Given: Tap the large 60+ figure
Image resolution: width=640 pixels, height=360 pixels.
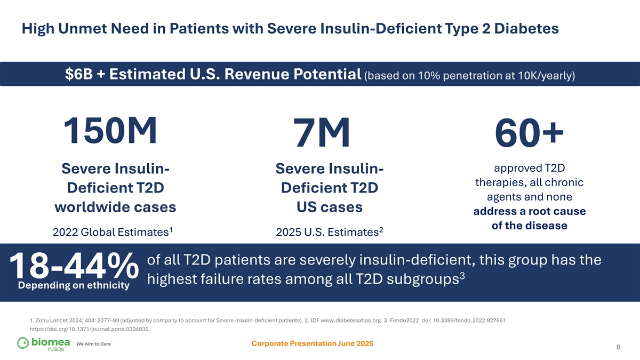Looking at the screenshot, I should click(x=529, y=133).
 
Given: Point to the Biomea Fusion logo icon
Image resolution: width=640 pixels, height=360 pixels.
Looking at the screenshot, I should click(x=25, y=343).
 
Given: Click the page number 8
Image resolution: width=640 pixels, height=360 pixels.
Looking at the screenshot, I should click(x=618, y=348).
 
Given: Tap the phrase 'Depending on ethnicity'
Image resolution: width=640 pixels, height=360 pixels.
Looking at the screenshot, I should click(x=74, y=286).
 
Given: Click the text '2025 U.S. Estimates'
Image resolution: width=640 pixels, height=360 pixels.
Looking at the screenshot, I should click(x=327, y=233).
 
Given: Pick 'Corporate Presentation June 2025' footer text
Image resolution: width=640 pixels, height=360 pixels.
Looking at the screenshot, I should click(x=312, y=343).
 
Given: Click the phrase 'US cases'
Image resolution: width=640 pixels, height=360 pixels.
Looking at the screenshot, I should click(x=329, y=207).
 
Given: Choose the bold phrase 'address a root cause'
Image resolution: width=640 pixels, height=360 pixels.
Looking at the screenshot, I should click(x=529, y=212).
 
